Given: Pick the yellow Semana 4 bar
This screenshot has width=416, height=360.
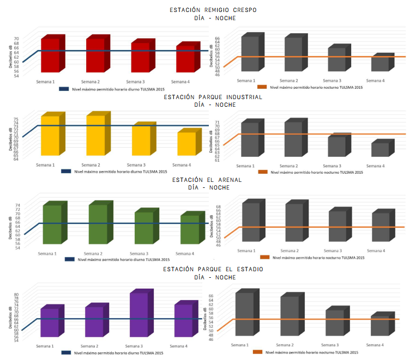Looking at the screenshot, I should click(185, 144).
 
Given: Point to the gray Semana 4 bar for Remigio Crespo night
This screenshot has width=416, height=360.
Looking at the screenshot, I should click(380, 64).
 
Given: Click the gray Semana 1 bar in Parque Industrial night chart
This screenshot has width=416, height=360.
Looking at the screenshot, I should click(250, 139).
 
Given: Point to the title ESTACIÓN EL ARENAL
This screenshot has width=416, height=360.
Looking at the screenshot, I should click(207, 180).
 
